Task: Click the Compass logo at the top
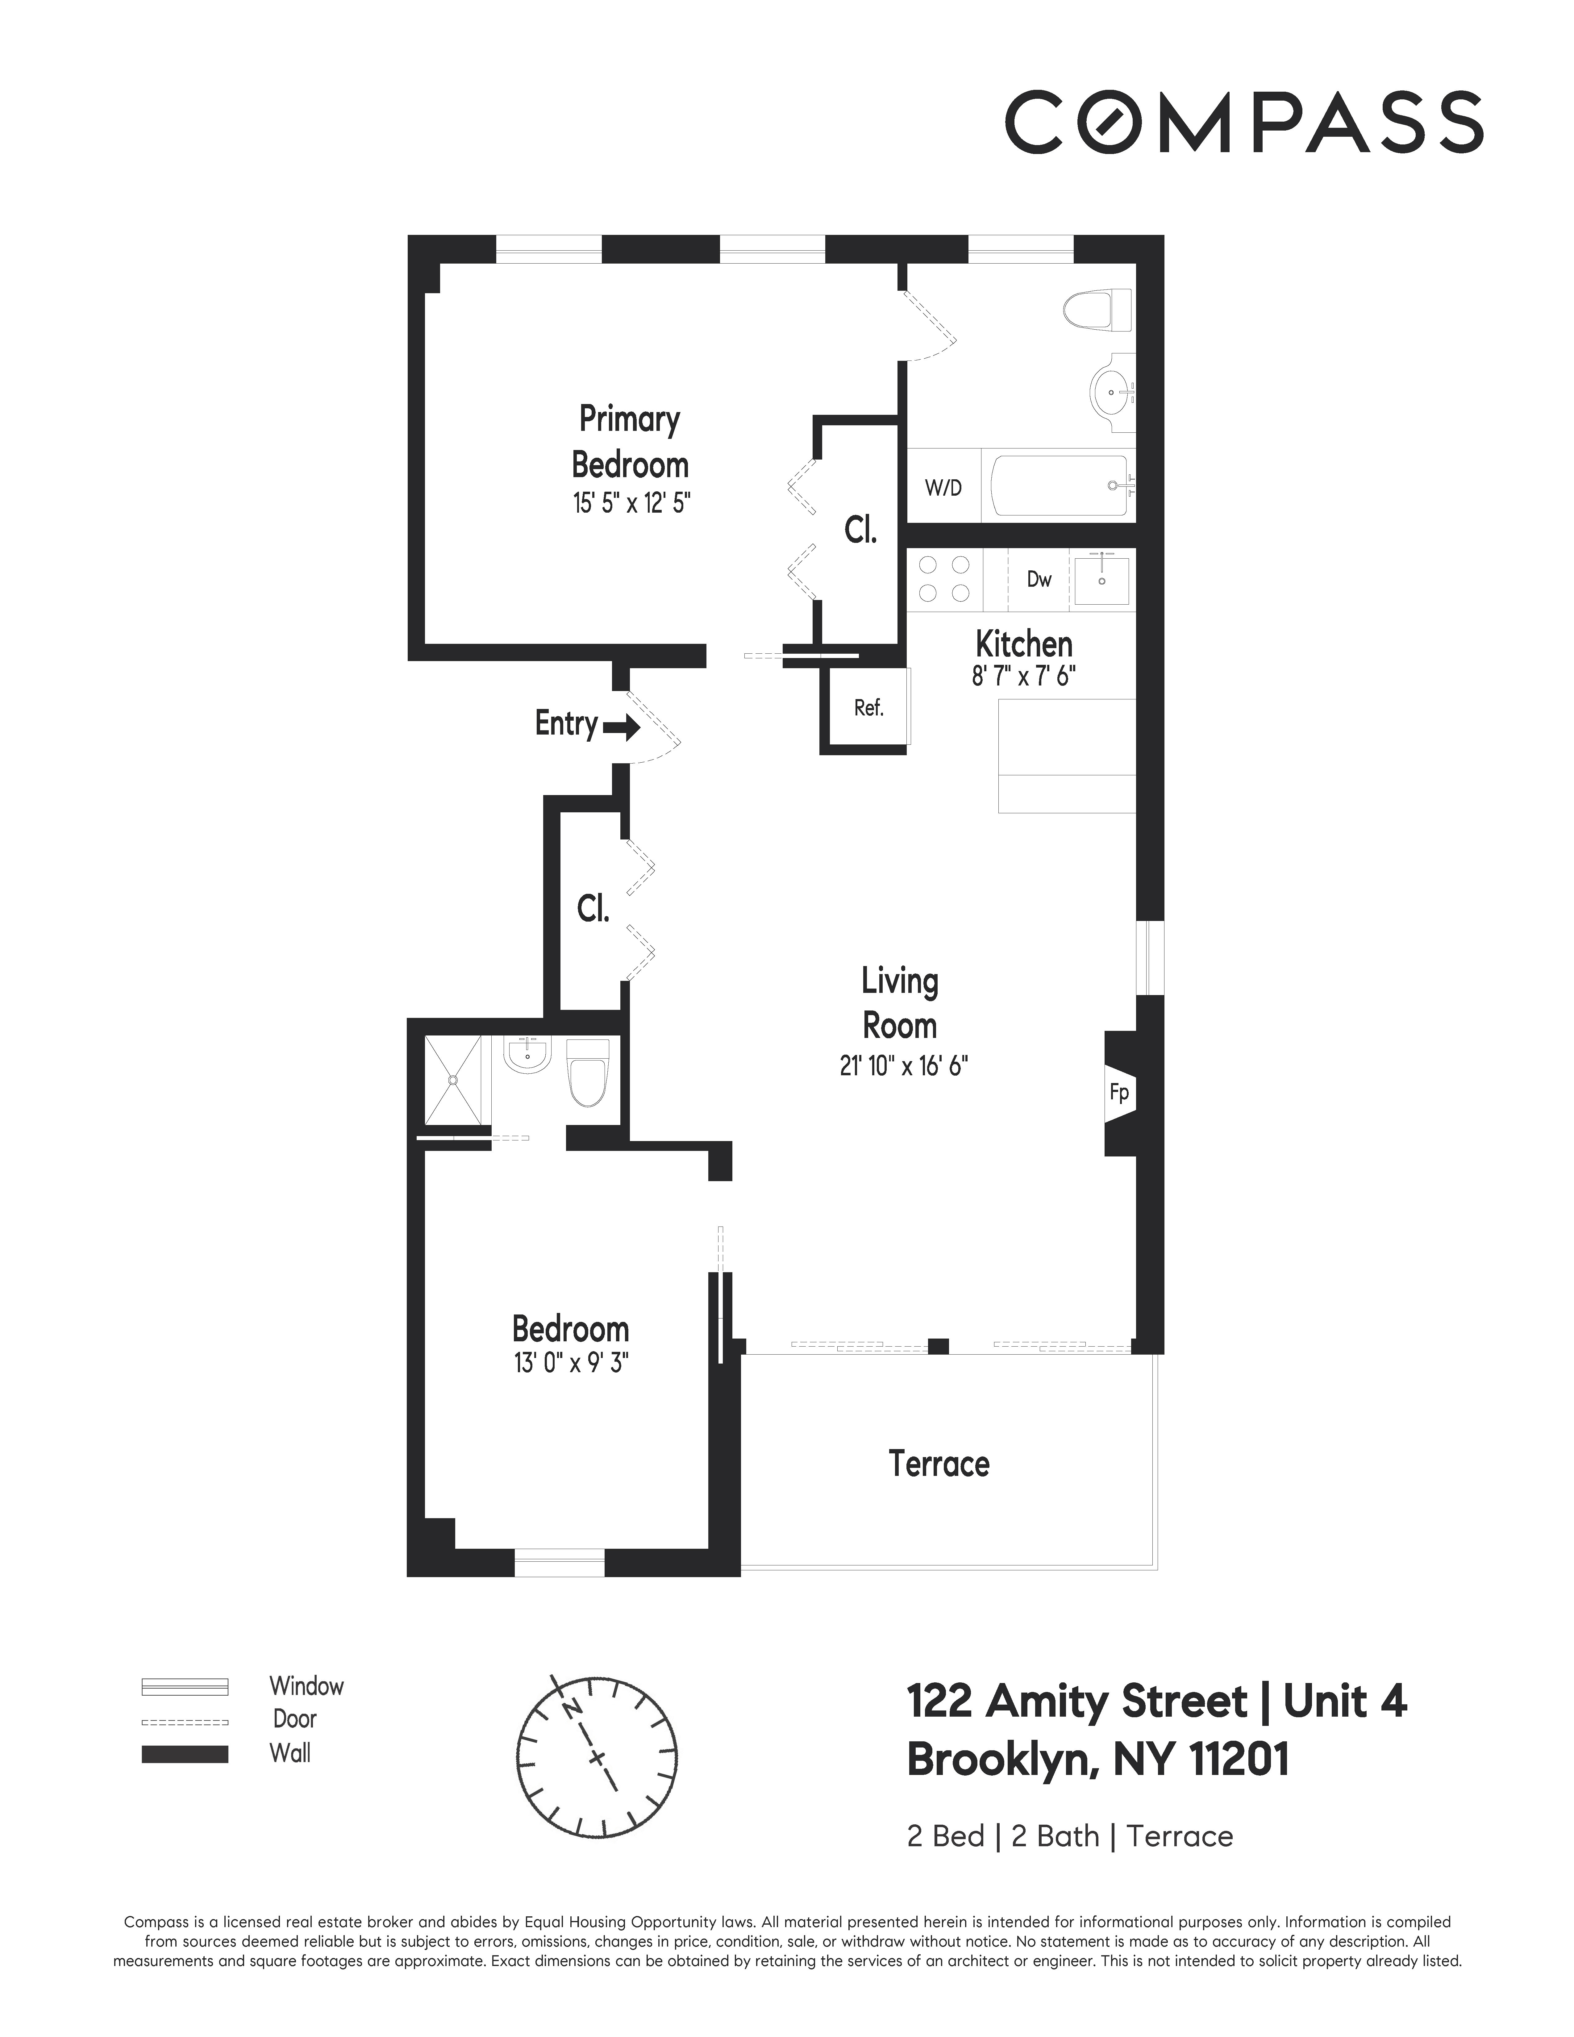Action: coord(1243,122)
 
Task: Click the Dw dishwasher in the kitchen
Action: coord(1039,579)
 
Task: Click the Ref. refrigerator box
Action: coord(868,708)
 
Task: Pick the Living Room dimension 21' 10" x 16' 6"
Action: coord(904,1065)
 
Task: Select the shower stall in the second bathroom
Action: coord(453,1079)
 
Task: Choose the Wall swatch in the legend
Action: coord(185,1753)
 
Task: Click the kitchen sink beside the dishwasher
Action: coord(1101,580)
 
